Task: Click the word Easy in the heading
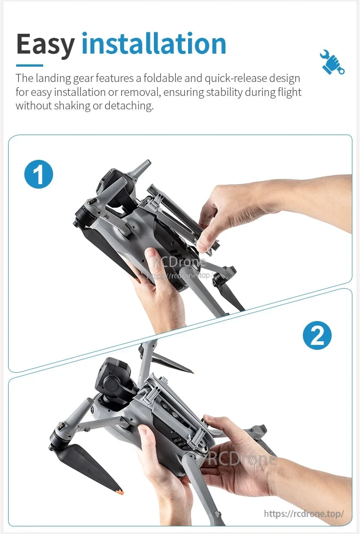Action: click(x=45, y=44)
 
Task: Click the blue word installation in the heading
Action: click(x=154, y=44)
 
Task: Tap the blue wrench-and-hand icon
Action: click(x=333, y=62)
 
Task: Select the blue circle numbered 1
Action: click(x=39, y=174)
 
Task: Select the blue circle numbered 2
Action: click(x=317, y=335)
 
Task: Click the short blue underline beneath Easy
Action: click(x=29, y=65)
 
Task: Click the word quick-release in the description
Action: click(x=236, y=78)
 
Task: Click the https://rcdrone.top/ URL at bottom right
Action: click(x=304, y=513)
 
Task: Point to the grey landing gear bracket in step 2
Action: click(x=180, y=405)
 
